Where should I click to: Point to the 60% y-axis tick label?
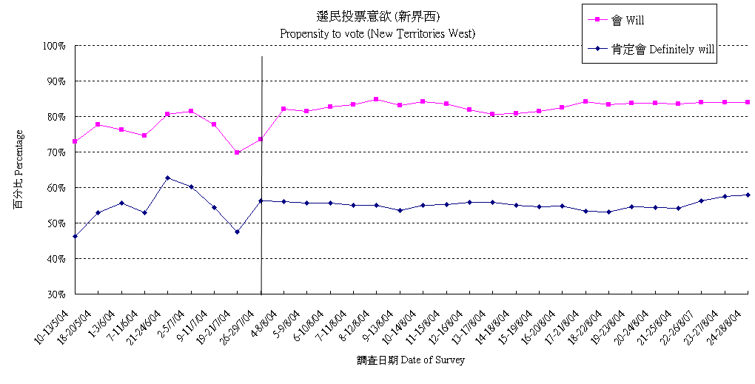[57, 188]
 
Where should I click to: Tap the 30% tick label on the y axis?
[57, 294]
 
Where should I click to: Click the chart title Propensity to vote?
[377, 33]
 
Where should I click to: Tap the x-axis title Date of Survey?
[410, 360]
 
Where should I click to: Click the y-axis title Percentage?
[18, 169]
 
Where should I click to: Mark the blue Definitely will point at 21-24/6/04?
[167, 178]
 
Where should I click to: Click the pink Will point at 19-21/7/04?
[237, 152]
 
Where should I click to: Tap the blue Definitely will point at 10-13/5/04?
[75, 236]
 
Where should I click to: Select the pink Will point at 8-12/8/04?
[376, 99]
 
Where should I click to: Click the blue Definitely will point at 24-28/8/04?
[748, 195]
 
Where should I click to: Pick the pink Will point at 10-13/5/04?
[75, 141]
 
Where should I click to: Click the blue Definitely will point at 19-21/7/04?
[237, 232]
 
